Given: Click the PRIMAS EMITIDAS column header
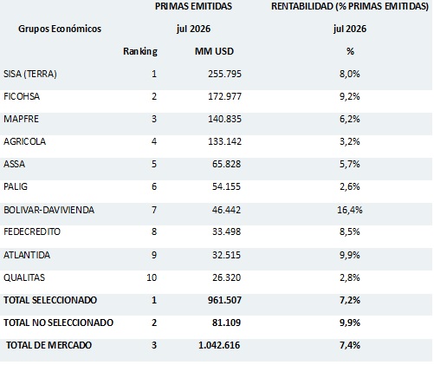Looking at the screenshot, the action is (193, 6).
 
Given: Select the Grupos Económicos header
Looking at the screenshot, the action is (60, 29).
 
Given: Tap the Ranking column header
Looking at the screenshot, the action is (140, 51).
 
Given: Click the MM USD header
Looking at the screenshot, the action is (214, 51).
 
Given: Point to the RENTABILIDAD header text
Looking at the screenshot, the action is (350, 6).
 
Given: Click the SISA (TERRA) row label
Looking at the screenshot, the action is (30, 74).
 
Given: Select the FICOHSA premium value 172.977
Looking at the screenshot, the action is (224, 96).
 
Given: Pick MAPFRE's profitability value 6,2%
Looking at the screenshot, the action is (350, 119).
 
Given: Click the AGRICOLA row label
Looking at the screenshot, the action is (24, 141).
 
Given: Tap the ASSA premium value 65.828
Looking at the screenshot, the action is (226, 164).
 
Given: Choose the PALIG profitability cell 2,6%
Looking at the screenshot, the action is (350, 186).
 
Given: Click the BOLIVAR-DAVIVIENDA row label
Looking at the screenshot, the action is (49, 210).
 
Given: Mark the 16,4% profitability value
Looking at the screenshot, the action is (350, 210).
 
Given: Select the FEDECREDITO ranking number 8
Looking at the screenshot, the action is (154, 231).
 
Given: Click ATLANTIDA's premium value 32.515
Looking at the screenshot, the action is (226, 255).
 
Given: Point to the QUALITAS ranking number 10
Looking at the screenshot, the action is (152, 277).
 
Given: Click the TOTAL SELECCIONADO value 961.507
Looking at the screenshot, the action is (224, 300).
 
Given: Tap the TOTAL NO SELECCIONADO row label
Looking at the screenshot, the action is (58, 323).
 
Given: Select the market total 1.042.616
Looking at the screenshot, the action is (219, 345).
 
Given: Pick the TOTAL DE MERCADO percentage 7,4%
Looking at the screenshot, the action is (350, 345).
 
